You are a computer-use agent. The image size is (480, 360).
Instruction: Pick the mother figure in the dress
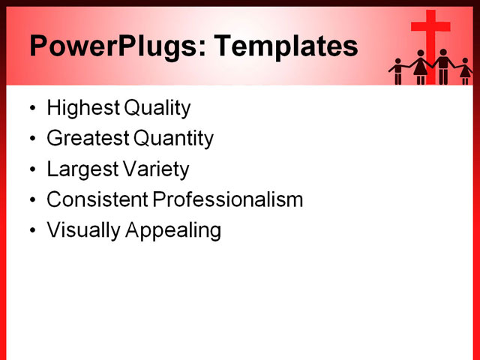pos(420,67)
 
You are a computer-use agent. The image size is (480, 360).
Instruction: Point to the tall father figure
pos(443,67)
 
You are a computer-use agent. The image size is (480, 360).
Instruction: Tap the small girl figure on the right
pos(464,71)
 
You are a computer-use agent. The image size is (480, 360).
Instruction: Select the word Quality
pos(157,108)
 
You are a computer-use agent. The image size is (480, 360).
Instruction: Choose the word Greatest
pos(88,139)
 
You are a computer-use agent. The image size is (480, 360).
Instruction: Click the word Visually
pos(84,230)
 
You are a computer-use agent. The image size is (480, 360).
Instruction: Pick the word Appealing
pos(173,231)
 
